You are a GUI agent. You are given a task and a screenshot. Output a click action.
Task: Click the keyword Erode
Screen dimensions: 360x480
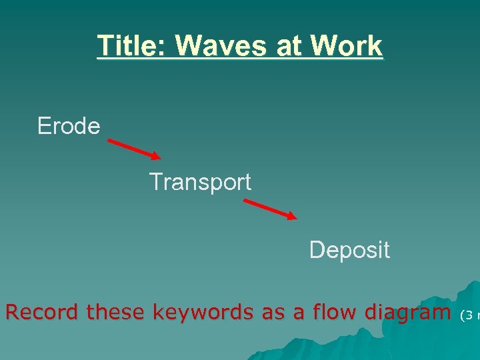click(69, 125)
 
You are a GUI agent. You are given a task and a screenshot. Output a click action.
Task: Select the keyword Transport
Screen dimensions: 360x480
click(200, 182)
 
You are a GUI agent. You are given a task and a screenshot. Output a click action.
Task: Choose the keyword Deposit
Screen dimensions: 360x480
click(349, 250)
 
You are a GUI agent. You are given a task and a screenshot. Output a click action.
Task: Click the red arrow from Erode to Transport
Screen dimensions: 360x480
click(134, 149)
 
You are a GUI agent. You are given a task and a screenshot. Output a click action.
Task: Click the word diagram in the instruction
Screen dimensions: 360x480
click(406, 312)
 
